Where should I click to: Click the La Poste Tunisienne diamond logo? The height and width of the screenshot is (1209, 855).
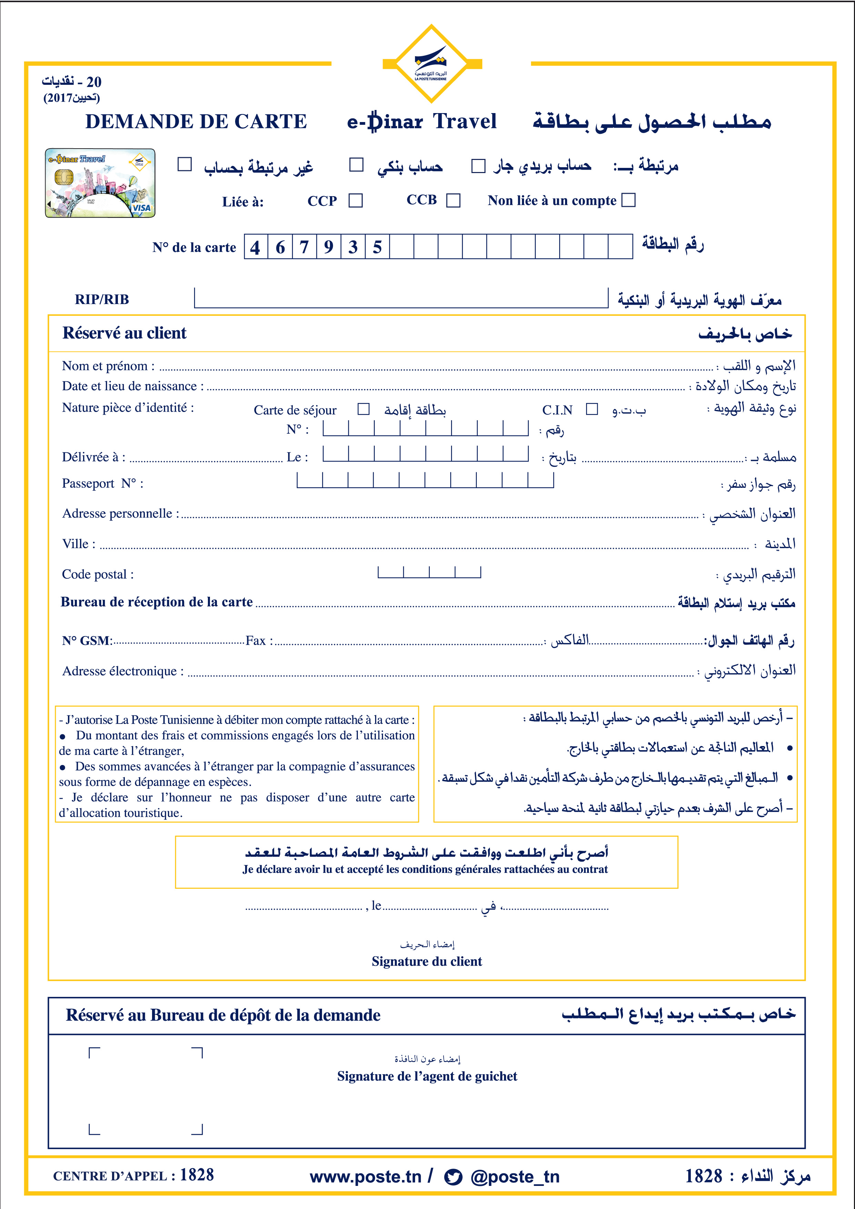click(x=431, y=64)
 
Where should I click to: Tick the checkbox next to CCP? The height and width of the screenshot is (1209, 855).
click(x=356, y=201)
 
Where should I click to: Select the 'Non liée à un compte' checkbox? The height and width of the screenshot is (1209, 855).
click(x=628, y=200)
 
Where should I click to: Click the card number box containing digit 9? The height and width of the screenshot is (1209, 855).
click(x=329, y=246)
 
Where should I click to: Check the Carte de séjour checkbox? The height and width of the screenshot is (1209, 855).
click(x=363, y=409)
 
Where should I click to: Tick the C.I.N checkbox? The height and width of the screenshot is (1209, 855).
click(x=592, y=409)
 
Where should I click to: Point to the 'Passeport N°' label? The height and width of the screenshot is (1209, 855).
click(x=103, y=483)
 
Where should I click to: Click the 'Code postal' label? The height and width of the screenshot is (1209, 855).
click(x=98, y=574)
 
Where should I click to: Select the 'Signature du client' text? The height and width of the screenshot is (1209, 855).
click(x=426, y=961)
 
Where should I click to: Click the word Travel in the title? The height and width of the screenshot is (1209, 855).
click(x=465, y=122)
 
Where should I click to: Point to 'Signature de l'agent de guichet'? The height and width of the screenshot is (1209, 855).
click(x=427, y=1076)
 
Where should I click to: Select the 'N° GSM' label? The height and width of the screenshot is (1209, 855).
click(x=86, y=641)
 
